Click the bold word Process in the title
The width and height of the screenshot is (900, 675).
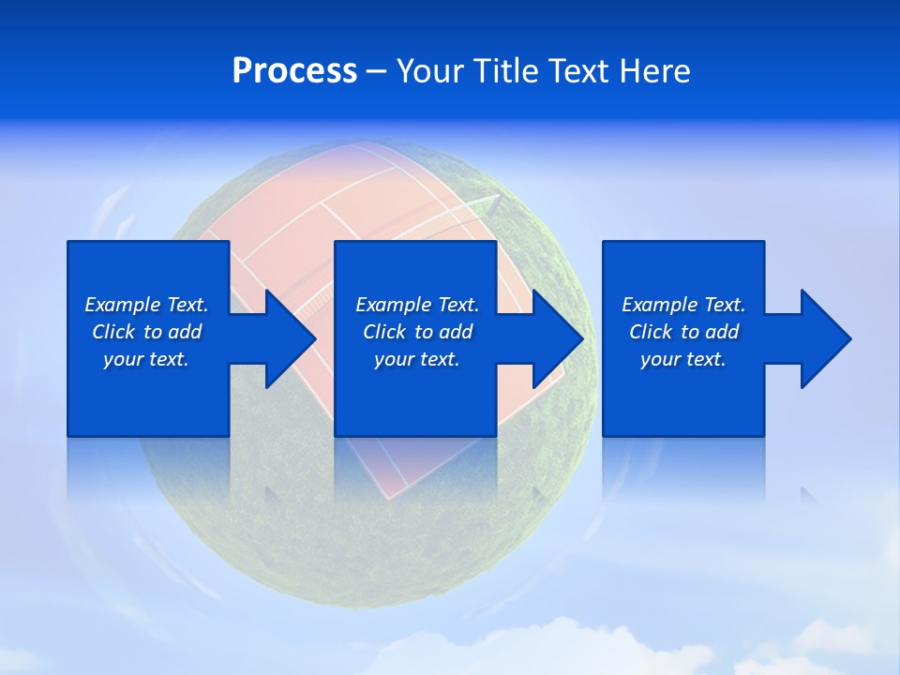point(294,71)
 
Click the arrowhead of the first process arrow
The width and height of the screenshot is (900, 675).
point(291,338)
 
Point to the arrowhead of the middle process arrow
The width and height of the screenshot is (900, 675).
point(559,338)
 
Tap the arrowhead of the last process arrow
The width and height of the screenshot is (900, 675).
point(826,338)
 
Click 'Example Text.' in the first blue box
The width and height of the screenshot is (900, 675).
point(146,305)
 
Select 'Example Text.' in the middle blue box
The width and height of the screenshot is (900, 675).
point(417,305)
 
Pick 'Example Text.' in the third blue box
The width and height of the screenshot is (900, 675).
point(683,305)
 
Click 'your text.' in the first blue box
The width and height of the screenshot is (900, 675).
point(146,359)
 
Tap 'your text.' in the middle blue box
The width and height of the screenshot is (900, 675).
point(417,359)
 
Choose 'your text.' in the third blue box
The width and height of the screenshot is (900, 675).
point(683,359)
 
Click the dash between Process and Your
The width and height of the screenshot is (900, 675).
point(376,72)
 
